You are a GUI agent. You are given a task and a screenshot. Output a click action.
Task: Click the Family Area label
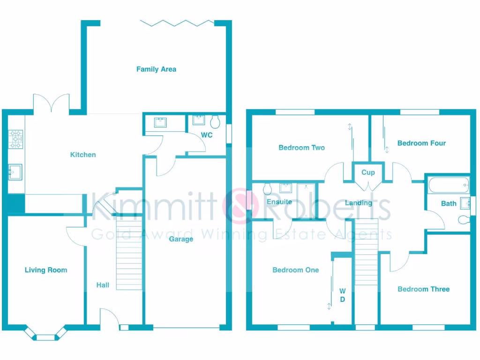tap(156, 69)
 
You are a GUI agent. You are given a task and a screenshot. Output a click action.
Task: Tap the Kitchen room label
tap(83, 155)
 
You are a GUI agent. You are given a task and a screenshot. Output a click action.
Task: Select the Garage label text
tap(181, 239)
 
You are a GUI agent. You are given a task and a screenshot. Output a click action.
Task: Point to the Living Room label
tap(46, 270)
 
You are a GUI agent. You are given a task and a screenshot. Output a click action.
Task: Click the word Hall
tap(103, 285)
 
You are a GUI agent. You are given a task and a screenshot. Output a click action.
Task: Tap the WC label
tap(207, 135)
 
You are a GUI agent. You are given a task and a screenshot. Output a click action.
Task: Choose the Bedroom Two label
tap(301, 148)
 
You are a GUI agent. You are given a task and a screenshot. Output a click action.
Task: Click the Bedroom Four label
tap(421, 143)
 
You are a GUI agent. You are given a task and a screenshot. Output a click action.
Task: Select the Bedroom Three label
tap(423, 289)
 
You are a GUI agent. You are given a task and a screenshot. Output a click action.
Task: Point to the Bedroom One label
tap(295, 270)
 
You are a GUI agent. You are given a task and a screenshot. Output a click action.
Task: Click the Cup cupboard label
tap(368, 172)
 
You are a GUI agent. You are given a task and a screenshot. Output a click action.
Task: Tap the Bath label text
tap(449, 203)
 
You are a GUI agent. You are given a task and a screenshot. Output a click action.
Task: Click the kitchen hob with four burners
tap(15, 139)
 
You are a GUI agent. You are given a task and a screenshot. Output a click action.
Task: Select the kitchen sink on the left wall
tap(15, 172)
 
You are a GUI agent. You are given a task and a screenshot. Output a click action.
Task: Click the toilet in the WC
tap(216, 122)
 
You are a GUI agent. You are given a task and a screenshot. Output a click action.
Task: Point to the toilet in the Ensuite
tap(268, 189)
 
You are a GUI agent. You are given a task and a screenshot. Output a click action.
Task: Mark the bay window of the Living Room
tap(46, 334)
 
